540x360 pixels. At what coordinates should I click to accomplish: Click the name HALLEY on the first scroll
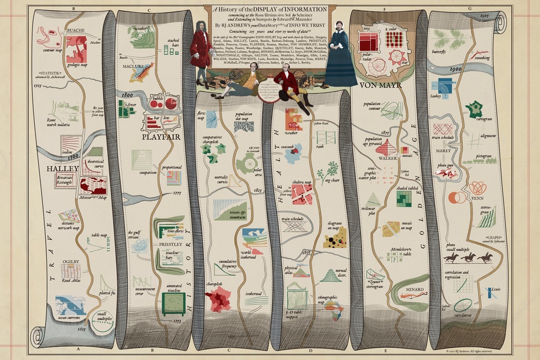pyautogui.click(x=63, y=169)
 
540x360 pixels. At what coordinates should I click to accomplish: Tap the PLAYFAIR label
pyautogui.click(x=161, y=137)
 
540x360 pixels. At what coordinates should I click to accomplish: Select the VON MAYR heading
pyautogui.click(x=380, y=84)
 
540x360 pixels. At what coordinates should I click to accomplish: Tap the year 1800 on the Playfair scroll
pyautogui.click(x=127, y=95)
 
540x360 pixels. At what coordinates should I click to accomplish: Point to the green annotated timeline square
pyautogui.click(x=173, y=304)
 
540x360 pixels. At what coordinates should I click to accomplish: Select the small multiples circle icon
pyautogui.click(x=103, y=321)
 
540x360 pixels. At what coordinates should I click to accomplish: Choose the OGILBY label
pyautogui.click(x=71, y=261)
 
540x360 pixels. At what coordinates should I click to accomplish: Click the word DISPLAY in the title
pyautogui.click(x=274, y=8)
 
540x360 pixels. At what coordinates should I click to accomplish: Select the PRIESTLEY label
pyautogui.click(x=170, y=245)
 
